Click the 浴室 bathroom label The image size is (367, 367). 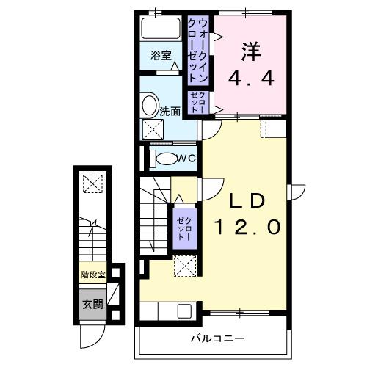click(161, 56)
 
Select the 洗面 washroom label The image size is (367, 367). click(170, 112)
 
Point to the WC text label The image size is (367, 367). click(186, 159)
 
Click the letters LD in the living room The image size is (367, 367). click(247, 201)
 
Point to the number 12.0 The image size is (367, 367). click(247, 228)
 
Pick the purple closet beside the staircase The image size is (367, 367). click(183, 228)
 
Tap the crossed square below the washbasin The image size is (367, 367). click(153, 131)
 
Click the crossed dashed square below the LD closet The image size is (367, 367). click(183, 266)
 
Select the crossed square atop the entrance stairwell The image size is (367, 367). click(92, 183)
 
